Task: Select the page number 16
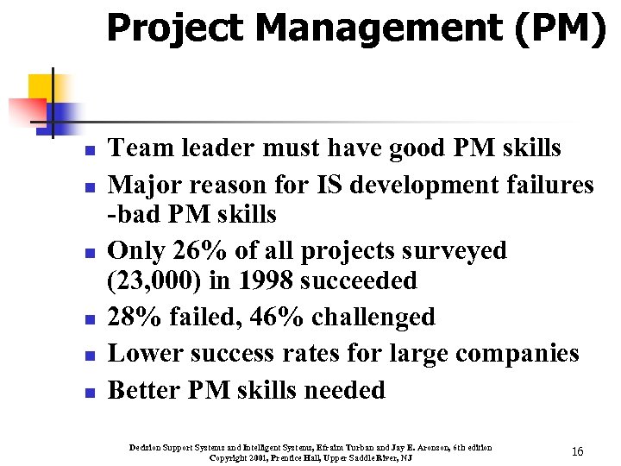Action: [x=578, y=451]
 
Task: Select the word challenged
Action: [x=373, y=317]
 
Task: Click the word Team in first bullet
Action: [x=135, y=148]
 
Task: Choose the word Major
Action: [x=141, y=185]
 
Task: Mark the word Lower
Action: [x=141, y=354]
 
